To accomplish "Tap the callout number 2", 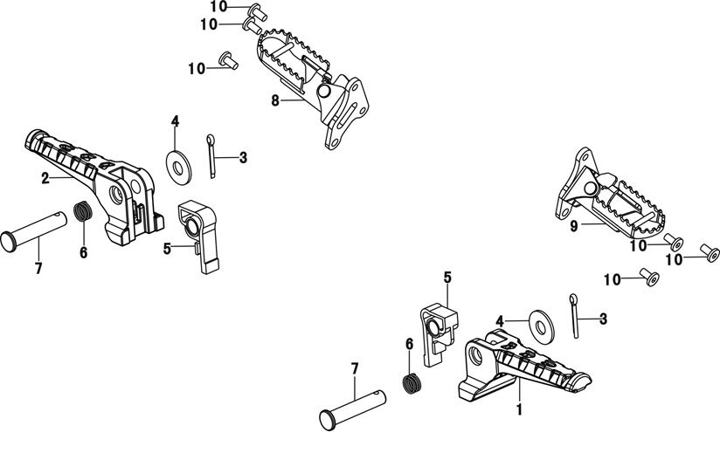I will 45,177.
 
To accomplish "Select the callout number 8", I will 274,101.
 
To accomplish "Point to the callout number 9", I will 573,227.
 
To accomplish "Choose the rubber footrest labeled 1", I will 524,367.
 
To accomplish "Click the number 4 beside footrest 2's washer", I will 175,120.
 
